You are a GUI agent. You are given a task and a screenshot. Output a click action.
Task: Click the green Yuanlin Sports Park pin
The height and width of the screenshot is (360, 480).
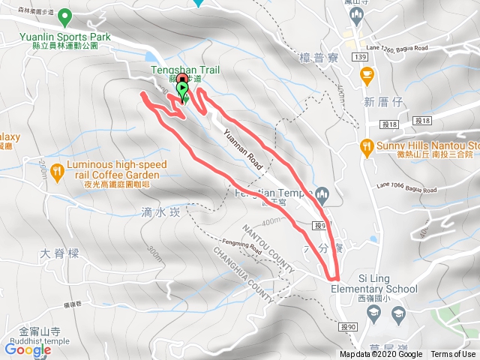(64, 16)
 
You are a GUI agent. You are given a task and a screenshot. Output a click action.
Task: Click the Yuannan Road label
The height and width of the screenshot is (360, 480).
(241, 151)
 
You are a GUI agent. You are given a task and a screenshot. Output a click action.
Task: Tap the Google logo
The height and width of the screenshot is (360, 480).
(28, 349)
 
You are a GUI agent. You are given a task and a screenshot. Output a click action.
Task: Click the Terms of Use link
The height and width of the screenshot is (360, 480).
(453, 355)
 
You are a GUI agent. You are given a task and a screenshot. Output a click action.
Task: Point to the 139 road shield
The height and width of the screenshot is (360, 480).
(361, 56)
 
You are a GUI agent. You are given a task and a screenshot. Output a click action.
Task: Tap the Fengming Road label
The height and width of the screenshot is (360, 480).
(241, 249)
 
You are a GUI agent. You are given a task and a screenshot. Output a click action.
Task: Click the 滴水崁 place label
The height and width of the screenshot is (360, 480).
(160, 212)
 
